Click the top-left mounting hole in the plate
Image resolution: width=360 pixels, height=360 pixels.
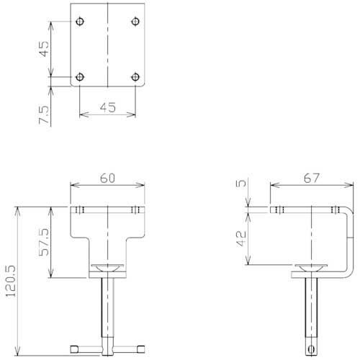(80, 21)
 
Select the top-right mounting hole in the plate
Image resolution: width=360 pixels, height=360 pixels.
(135, 21)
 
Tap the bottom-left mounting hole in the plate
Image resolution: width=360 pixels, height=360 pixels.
(80, 76)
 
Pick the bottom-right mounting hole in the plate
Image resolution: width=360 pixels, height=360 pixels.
(135, 76)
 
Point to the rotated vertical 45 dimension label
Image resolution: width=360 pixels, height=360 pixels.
(44, 49)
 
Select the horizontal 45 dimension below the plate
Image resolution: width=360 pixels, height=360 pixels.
(107, 107)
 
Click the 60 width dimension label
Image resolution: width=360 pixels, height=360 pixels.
(107, 178)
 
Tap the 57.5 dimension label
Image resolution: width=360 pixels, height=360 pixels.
(44, 243)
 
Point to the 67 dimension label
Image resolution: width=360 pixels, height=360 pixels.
(311, 178)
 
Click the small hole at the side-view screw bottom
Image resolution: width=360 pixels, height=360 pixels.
(312, 350)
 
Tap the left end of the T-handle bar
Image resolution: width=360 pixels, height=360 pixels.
(73, 351)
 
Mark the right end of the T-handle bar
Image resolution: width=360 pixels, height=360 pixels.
(142, 351)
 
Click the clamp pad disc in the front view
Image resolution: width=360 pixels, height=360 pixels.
(107, 268)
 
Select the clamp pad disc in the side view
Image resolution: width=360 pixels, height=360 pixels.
(312, 268)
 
